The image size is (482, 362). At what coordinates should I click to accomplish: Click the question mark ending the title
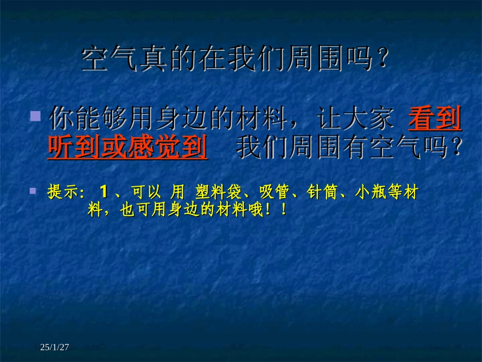point(384,60)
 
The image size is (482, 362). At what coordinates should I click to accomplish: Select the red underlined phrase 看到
point(435,120)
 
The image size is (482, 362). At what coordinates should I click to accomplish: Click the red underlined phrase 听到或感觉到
point(127,147)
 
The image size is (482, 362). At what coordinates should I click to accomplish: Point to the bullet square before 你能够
point(35,117)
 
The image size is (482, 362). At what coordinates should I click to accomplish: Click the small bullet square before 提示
point(33,191)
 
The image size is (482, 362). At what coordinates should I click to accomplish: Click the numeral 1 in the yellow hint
point(105,193)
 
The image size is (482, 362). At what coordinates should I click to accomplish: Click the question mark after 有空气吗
point(455,147)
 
